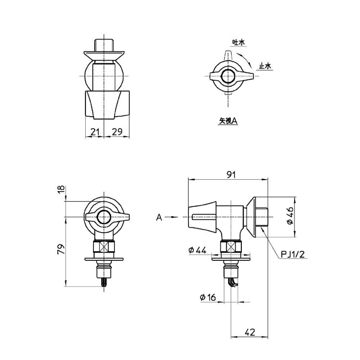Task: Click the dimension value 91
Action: point(231,175)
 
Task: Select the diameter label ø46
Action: point(290,216)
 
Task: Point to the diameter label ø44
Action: point(197,250)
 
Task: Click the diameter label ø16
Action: point(208,297)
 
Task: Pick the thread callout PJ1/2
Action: point(293,255)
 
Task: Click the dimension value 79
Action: point(61,249)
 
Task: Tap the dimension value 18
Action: point(61,190)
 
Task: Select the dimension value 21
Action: point(95,132)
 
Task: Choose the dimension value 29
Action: point(117,132)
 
